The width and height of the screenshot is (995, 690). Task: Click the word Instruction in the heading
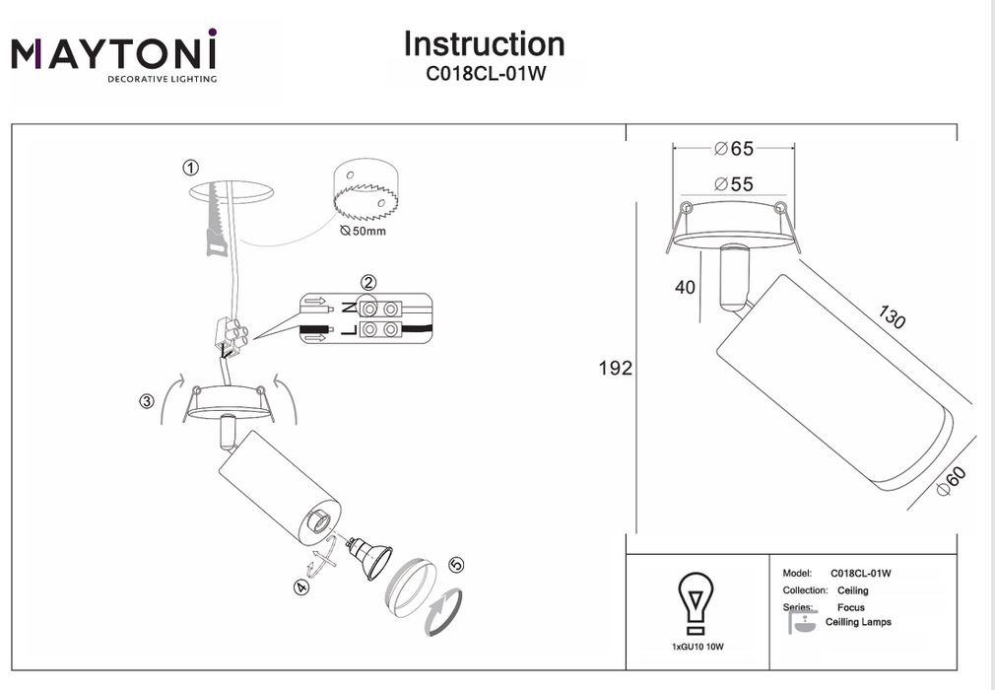click(x=484, y=44)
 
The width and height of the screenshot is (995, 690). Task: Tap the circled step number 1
click(x=191, y=168)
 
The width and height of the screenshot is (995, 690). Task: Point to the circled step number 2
click(x=367, y=284)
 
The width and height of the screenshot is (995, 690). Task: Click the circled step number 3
click(x=147, y=401)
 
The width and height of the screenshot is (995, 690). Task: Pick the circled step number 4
click(x=300, y=587)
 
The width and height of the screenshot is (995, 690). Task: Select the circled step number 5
click(x=455, y=566)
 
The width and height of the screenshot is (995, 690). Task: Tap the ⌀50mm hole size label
click(x=363, y=231)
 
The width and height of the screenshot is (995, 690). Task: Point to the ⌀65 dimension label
click(x=733, y=149)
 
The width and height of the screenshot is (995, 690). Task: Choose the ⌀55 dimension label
click(x=733, y=184)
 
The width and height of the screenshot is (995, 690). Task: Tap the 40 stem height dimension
click(x=685, y=288)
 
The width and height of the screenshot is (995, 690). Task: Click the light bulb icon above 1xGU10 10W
click(x=696, y=602)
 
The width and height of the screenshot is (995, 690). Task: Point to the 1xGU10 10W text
click(x=696, y=647)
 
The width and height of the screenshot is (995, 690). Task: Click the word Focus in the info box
click(x=851, y=608)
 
